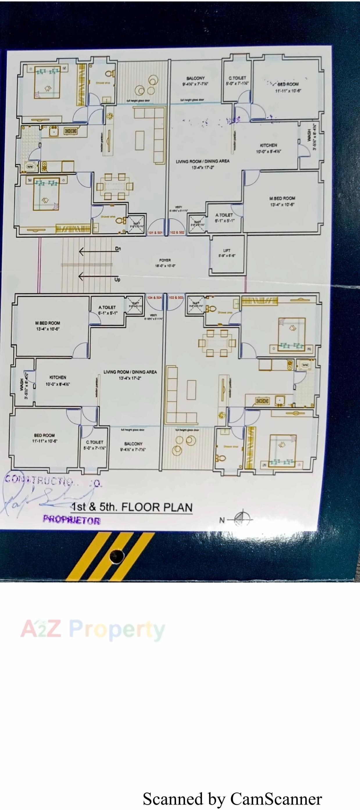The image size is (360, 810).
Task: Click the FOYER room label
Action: tap(165, 260)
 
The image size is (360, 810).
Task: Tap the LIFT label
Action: tap(227, 251)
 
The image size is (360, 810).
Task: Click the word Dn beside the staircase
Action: tap(118, 249)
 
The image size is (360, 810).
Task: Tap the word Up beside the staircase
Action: tap(117, 279)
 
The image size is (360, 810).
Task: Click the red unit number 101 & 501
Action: tap(155, 233)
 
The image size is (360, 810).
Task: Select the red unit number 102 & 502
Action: tap(177, 233)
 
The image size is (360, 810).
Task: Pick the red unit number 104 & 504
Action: tap(154, 298)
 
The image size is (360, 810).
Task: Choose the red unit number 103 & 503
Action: tap(176, 298)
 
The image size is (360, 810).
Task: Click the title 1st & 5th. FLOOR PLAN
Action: tap(132, 507)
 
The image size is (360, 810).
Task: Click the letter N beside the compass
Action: tap(222, 520)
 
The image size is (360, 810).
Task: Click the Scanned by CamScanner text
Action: tap(232, 798)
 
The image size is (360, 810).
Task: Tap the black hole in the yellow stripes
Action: tap(117, 556)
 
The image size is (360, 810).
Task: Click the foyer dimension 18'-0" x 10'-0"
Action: tap(165, 266)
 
